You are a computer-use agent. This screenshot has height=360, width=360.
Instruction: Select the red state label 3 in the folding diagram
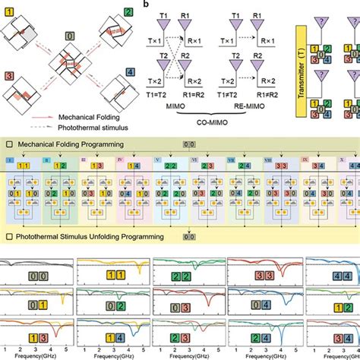[8, 76]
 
